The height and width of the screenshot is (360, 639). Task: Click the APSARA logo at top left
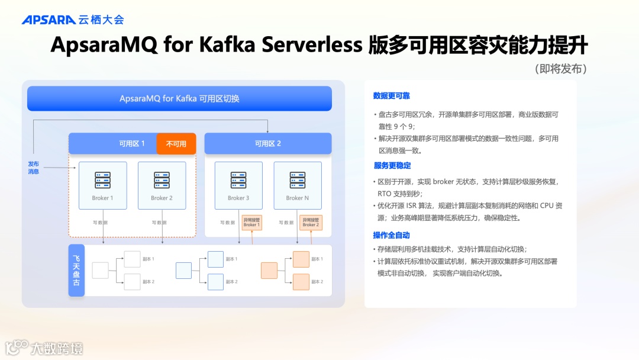pyautogui.click(x=49, y=20)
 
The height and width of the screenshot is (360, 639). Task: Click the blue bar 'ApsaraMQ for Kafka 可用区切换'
pyautogui.click(x=179, y=98)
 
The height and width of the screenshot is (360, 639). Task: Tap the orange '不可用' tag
pyautogui.click(x=176, y=143)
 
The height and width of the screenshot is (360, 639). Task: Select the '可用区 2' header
pyautogui.click(x=268, y=143)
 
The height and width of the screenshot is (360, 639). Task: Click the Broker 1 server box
pyautogui.click(x=103, y=185)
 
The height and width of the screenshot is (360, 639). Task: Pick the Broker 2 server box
pyautogui.click(x=162, y=185)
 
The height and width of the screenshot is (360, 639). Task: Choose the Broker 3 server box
pyautogui.click(x=238, y=185)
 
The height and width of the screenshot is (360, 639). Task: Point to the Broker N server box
pyautogui.click(x=298, y=185)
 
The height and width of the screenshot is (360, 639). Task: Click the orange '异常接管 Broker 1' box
pyautogui.click(x=251, y=222)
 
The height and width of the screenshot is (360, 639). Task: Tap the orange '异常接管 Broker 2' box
pyautogui.click(x=311, y=222)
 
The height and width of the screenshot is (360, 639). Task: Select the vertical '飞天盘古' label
pyautogui.click(x=76, y=271)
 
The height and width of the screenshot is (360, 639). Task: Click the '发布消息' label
pyautogui.click(x=34, y=168)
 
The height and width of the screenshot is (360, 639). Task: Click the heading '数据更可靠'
pyautogui.click(x=391, y=96)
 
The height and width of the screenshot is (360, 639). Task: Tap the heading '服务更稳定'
pyautogui.click(x=392, y=165)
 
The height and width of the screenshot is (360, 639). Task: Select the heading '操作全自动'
pyautogui.click(x=391, y=235)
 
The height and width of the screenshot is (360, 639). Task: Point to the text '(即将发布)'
pyautogui.click(x=560, y=69)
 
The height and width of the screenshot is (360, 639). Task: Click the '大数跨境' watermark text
pyautogui.click(x=57, y=348)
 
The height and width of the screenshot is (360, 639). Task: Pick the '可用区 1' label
pyautogui.click(x=132, y=143)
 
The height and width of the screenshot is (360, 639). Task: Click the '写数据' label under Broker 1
pyautogui.click(x=100, y=223)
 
